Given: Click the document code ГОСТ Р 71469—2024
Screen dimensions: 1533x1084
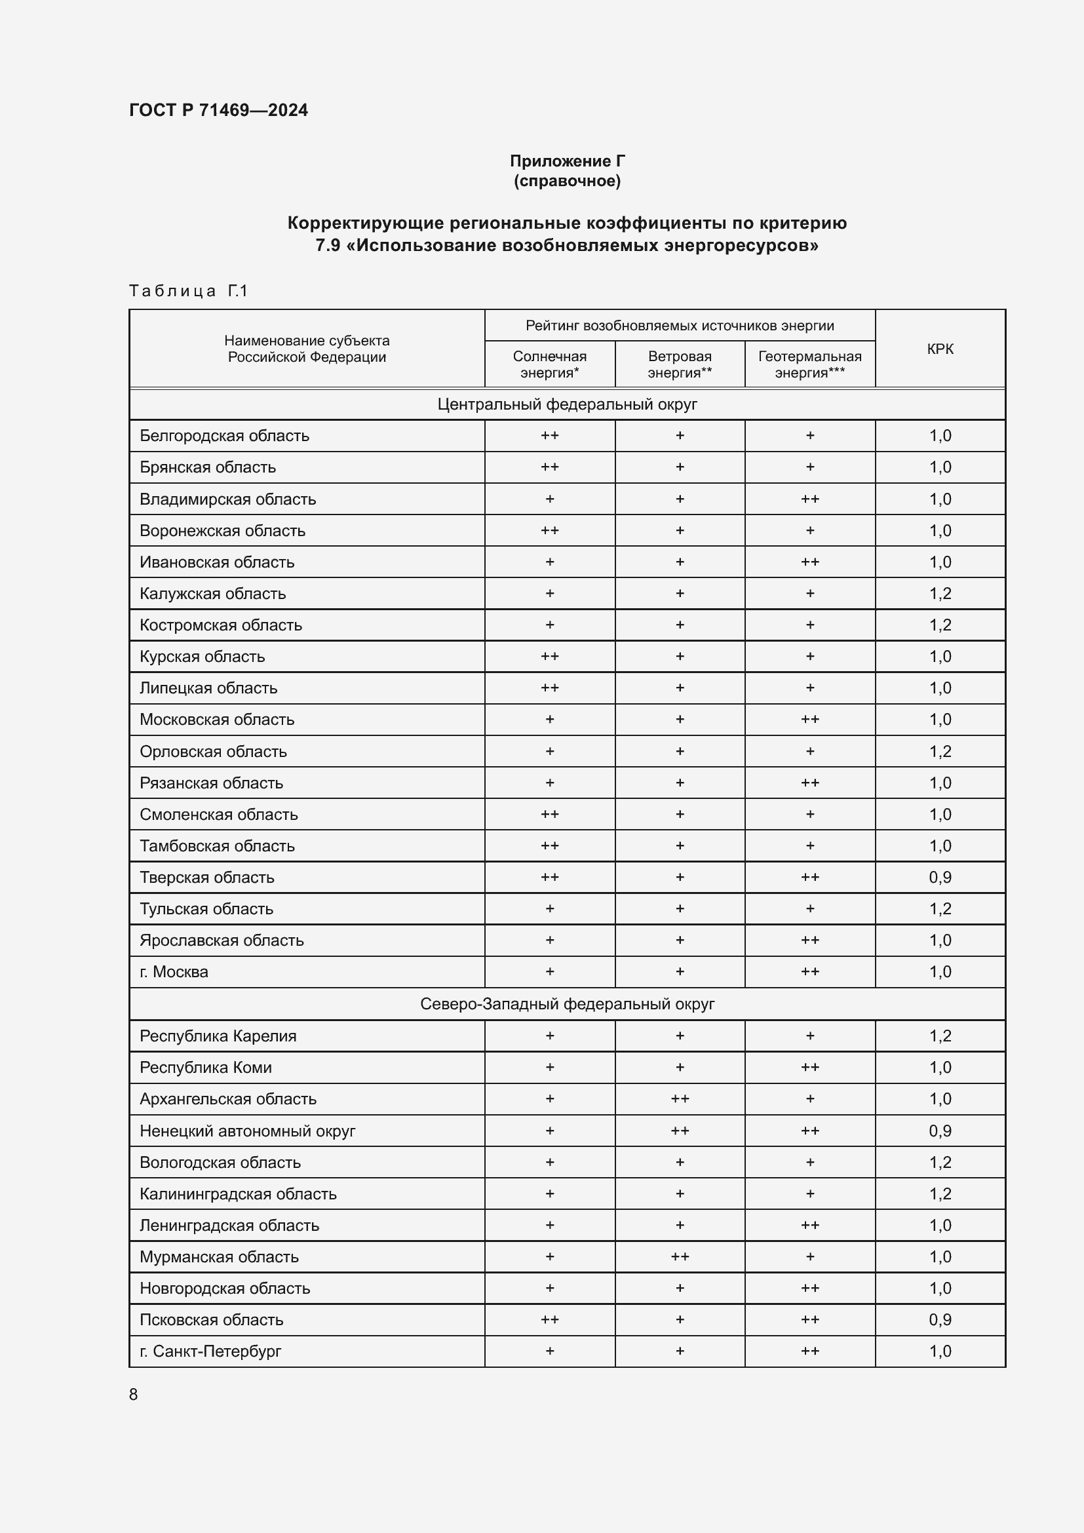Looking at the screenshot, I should click(x=218, y=110).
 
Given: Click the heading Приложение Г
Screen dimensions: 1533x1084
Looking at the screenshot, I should click(x=567, y=161).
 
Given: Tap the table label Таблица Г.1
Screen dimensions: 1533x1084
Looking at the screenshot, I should click(x=188, y=290).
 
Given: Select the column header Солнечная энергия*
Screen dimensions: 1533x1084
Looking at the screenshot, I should click(x=549, y=364).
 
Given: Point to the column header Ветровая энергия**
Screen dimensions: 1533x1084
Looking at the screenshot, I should click(x=680, y=364).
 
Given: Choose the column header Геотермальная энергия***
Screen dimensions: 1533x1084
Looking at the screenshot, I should click(x=809, y=364).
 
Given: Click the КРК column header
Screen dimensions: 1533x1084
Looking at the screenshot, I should click(x=940, y=349).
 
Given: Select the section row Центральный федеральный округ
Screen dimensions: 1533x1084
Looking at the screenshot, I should click(x=567, y=404).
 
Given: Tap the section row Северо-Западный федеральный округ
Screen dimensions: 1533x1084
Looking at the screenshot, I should click(x=567, y=1004).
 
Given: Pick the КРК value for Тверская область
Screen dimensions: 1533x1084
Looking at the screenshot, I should click(x=940, y=878).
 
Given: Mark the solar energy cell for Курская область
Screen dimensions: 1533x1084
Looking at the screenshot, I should click(x=549, y=656).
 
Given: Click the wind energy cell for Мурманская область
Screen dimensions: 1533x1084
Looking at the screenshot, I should click(x=680, y=1256).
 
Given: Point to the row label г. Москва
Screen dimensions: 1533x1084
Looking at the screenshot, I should click(x=174, y=972).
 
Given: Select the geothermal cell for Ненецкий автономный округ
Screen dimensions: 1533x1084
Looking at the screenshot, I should click(x=809, y=1131).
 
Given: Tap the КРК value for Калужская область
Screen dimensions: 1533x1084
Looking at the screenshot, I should click(x=940, y=594).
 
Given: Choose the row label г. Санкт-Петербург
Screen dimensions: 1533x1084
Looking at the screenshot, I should click(x=210, y=1351).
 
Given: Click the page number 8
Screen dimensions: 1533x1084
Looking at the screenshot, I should click(x=134, y=1395).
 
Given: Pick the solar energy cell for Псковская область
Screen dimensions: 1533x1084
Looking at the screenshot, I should click(x=549, y=1319).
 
